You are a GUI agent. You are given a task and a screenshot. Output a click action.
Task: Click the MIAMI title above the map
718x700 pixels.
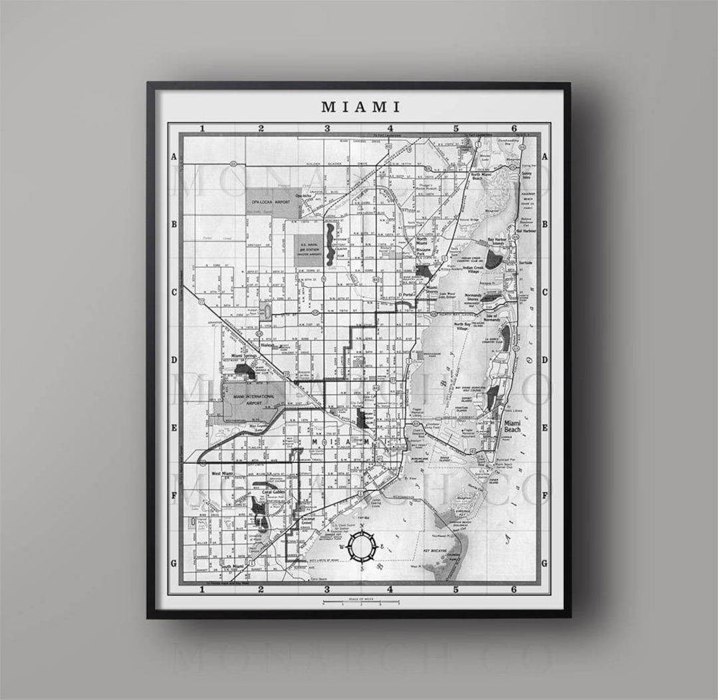click(x=360, y=106)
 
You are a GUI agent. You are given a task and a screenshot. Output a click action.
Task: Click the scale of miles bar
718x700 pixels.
click(x=360, y=602)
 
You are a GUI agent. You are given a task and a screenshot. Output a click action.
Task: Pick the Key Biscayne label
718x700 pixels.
click(x=436, y=551)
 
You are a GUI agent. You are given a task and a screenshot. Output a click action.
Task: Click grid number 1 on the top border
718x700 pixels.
click(x=200, y=128)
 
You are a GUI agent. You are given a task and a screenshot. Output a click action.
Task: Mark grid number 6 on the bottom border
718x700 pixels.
click(x=514, y=590)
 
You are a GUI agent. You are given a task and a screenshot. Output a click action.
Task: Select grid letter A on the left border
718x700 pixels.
click(x=174, y=157)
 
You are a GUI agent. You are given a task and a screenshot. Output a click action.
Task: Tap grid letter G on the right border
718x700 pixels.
click(x=544, y=563)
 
